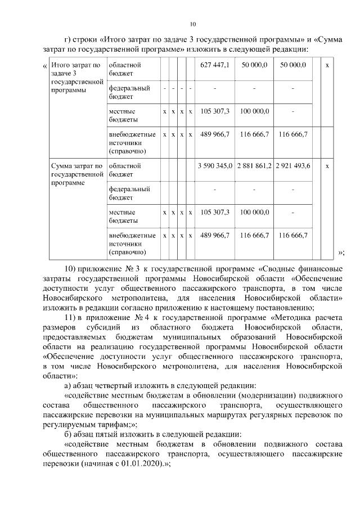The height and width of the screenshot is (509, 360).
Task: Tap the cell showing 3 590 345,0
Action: point(215,166)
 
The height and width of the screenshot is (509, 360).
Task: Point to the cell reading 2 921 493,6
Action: point(293,166)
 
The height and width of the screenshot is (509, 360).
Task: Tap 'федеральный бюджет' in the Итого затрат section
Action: point(129,92)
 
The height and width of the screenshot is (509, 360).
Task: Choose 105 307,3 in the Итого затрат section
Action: point(215,111)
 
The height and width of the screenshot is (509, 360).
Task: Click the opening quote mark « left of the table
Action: point(44,66)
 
